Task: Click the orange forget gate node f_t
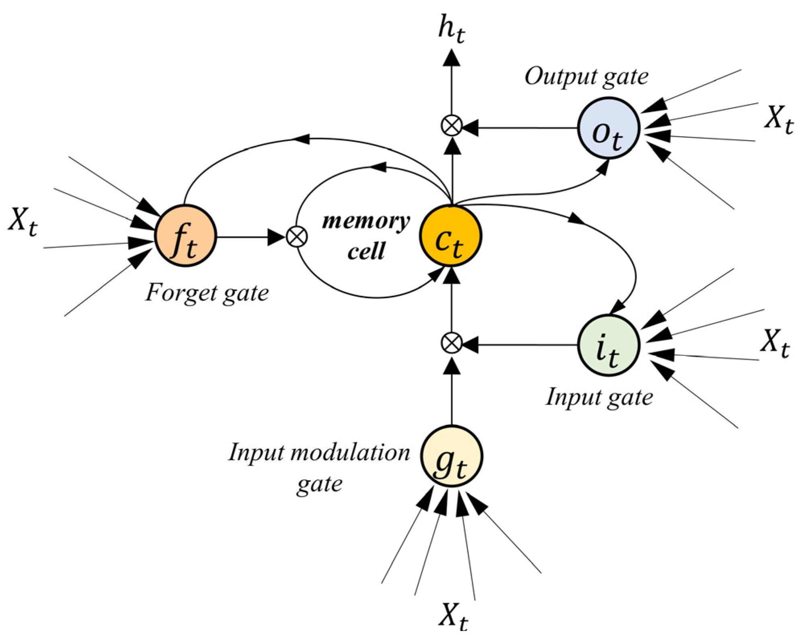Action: [x=185, y=236]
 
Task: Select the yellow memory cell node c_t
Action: [x=450, y=236]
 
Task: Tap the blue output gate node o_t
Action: [x=608, y=129]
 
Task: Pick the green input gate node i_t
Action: [x=608, y=345]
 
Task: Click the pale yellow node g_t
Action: [x=451, y=456]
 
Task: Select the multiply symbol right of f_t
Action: [x=297, y=237]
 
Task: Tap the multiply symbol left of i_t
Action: [x=452, y=344]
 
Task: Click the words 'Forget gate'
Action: [x=207, y=293]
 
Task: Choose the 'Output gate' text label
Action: [x=586, y=77]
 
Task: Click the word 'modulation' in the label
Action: [x=350, y=453]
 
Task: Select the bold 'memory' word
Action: [x=366, y=221]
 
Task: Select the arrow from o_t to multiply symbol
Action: [x=523, y=128]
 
